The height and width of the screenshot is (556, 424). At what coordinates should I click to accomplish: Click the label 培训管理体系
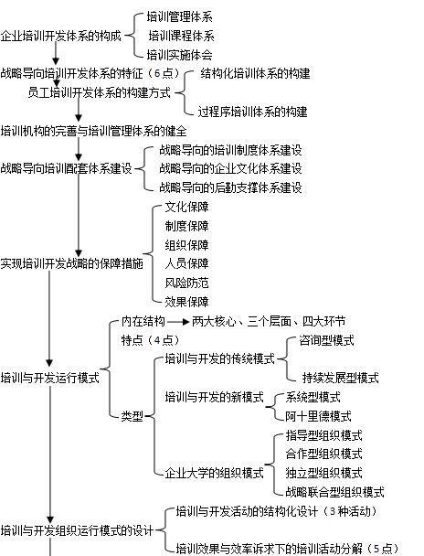point(180,16)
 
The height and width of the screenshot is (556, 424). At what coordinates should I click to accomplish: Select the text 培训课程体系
point(181,36)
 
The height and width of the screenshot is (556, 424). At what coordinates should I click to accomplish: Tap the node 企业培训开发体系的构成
point(61,36)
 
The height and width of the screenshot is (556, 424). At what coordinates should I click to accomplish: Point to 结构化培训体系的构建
point(255,74)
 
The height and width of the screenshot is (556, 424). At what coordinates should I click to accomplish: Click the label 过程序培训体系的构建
point(252,112)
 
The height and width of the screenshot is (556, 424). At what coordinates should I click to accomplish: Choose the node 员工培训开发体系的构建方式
point(100,93)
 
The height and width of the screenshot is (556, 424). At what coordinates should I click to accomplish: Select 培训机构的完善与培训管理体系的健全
point(93,131)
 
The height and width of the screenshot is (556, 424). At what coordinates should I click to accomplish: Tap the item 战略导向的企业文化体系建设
point(230,168)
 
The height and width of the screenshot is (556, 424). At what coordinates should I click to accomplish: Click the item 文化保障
point(186,207)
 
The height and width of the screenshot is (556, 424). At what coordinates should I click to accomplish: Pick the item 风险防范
point(186,283)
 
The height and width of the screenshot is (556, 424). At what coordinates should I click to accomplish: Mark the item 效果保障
point(186,302)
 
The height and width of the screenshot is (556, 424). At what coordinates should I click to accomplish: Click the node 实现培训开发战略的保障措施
point(71,263)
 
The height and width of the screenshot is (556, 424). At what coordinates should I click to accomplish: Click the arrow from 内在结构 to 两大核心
point(178,322)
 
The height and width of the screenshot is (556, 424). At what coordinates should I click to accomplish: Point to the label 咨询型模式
point(326,341)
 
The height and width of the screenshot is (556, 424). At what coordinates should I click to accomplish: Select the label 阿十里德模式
point(318,416)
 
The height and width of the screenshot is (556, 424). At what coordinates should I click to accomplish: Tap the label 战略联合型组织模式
point(334,492)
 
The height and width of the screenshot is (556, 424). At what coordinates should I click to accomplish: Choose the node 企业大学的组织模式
point(215,473)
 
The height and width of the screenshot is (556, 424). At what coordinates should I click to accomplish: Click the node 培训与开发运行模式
point(50,378)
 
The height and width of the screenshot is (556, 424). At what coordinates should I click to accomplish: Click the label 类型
point(132,416)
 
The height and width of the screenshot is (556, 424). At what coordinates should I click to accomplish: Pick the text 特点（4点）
point(151,340)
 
